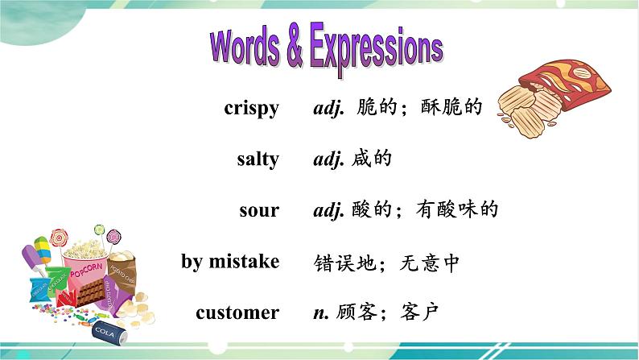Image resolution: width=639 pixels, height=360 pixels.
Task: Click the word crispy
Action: pos(251,109)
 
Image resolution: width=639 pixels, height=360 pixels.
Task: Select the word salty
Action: pos(258,159)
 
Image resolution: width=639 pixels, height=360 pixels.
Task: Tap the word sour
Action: pos(259,210)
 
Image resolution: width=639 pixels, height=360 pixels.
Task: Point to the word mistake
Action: pos(244,261)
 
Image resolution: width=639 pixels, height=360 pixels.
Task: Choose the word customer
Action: pos(237,312)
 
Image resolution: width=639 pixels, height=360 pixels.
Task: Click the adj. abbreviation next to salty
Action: pos(329,159)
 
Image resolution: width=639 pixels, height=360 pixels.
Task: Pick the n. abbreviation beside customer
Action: pos(321,313)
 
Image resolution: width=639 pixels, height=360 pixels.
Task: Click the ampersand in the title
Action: pos(295,48)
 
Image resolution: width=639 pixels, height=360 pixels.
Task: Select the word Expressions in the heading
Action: pos(377,49)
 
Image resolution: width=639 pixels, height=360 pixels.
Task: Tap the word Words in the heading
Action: pos(245,48)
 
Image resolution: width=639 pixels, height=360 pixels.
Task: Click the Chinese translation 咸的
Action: pos(371,159)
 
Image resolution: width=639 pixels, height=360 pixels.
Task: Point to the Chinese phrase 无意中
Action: pos(429,263)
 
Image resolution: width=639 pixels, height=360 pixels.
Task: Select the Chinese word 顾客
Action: pos(356,312)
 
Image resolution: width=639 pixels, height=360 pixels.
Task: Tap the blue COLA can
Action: pos(109,333)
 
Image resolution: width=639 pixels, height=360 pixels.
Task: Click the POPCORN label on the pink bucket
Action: pos(86,271)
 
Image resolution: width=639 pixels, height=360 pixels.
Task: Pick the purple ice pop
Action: pos(34,259)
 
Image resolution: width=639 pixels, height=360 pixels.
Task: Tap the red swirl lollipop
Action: pos(59,238)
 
